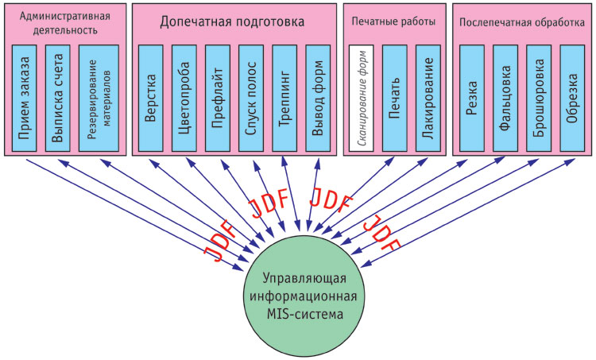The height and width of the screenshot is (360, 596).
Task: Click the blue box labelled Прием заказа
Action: point(26,98)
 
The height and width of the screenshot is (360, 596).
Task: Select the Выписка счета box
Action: point(59,98)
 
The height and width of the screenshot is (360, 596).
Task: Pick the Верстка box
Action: point(151,98)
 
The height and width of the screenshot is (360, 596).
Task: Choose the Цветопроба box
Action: point(184,98)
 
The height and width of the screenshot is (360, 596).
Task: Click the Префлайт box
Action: point(218,98)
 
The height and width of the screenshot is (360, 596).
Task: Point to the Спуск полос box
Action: point(251,98)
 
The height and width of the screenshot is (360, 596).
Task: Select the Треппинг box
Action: point(284,98)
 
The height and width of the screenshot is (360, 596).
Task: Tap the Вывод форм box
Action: point(318,98)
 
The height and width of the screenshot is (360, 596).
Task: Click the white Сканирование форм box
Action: point(362,98)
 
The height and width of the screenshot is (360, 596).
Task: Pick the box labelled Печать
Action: point(395,98)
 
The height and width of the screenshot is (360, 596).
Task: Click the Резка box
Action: point(473,98)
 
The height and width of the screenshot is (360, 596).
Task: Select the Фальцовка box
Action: point(505,98)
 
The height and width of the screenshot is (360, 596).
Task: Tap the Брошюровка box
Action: point(539,98)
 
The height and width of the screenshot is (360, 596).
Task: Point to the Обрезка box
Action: point(572,98)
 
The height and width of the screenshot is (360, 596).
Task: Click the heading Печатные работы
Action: point(393,21)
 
